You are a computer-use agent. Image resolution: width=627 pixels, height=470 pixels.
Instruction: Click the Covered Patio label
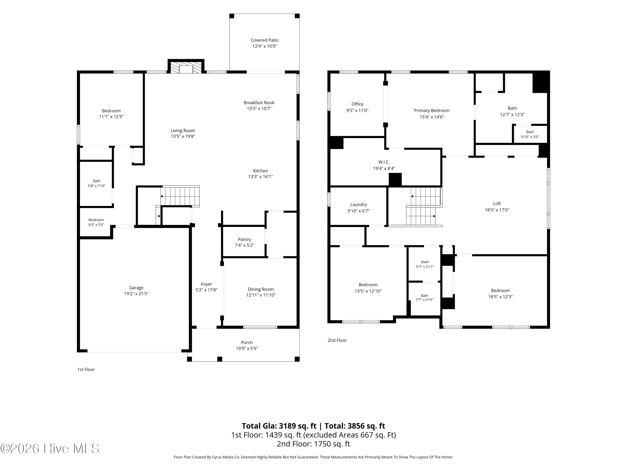click(264, 40)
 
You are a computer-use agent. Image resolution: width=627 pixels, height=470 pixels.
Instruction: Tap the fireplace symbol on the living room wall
click(186, 67)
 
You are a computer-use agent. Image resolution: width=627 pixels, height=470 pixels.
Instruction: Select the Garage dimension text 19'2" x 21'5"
click(136, 294)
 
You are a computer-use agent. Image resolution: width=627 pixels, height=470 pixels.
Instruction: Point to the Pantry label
click(244, 239)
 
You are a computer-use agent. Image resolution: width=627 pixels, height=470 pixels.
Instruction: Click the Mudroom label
click(96, 220)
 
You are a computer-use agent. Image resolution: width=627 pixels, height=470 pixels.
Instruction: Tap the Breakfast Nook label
click(259, 103)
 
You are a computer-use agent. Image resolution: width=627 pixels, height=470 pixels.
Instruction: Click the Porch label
click(247, 343)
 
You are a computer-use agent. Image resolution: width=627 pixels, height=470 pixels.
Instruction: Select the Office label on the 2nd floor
click(357, 104)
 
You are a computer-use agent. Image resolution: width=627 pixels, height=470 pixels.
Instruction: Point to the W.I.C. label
click(384, 162)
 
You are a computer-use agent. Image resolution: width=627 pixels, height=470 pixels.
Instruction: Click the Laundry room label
click(359, 205)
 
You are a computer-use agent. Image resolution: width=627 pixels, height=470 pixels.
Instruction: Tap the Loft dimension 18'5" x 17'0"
click(497, 210)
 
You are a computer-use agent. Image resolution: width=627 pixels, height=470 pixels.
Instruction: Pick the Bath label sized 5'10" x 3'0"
click(530, 132)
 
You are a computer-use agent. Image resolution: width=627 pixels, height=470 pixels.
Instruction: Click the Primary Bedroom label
click(432, 111)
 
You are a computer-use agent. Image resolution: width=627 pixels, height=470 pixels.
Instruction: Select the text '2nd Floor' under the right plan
click(337, 340)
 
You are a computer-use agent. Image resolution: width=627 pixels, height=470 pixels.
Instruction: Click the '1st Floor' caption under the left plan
click(86, 370)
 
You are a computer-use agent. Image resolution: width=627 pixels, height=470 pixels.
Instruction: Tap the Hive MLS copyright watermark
click(50, 448)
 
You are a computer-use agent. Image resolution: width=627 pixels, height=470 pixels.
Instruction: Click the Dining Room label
click(261, 289)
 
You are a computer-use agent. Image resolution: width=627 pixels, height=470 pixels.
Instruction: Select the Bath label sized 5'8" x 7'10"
click(97, 181)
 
